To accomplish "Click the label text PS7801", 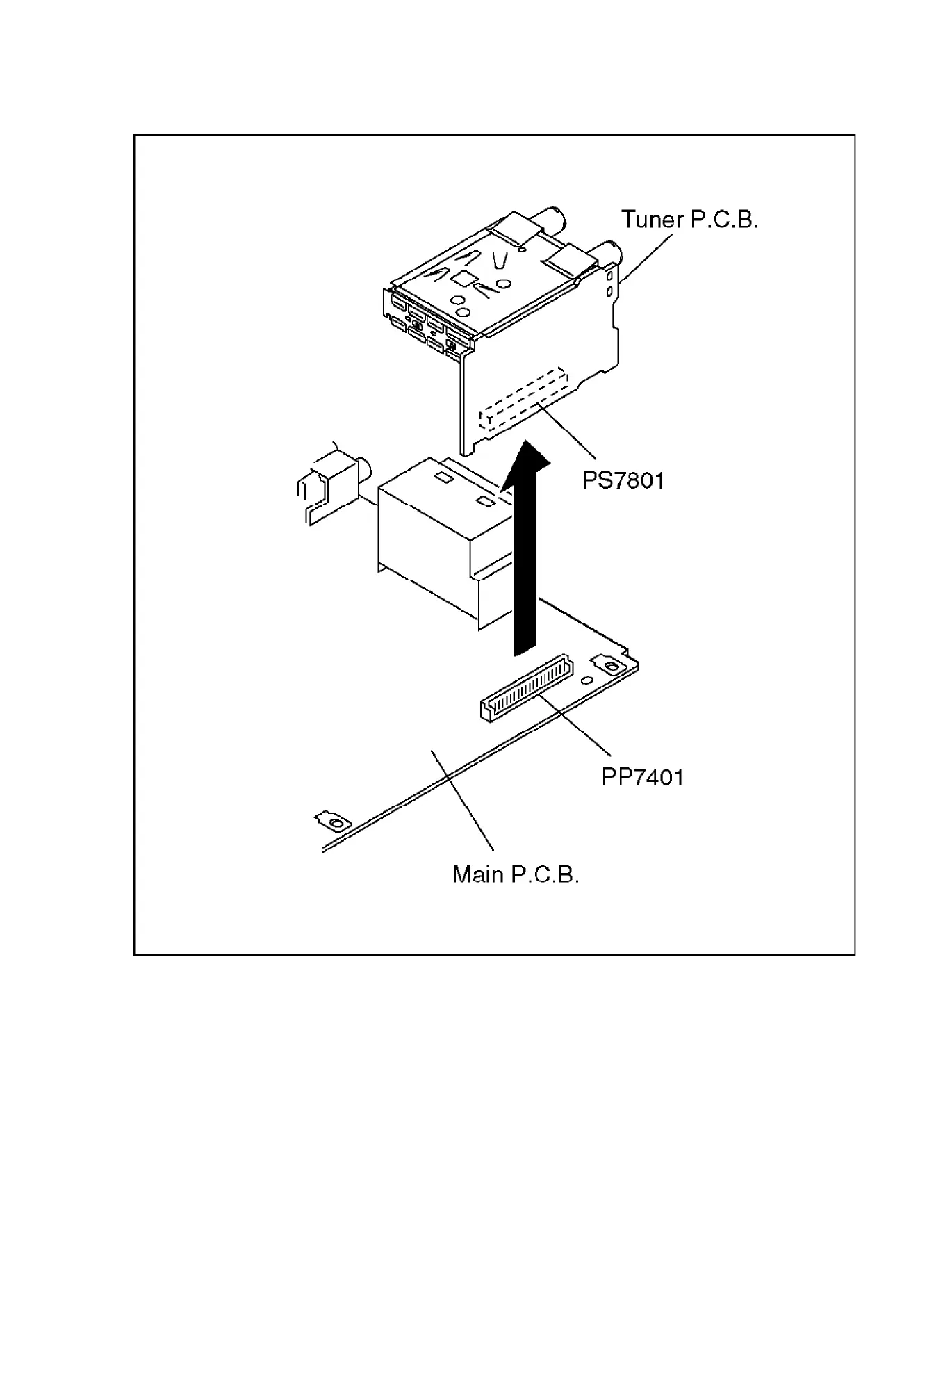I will [x=623, y=480].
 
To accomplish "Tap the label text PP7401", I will [x=642, y=776].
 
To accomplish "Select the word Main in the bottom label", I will [x=478, y=874].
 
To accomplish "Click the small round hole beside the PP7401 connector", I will [x=587, y=680].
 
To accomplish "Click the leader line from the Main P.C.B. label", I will [x=461, y=799].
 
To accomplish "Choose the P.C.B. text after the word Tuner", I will [x=723, y=220].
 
